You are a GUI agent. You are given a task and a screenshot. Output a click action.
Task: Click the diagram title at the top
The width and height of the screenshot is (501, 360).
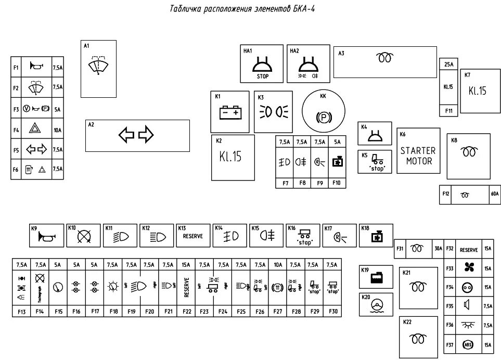(x=242, y=9)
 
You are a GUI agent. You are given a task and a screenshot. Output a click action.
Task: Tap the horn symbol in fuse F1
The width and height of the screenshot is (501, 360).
(x=36, y=67)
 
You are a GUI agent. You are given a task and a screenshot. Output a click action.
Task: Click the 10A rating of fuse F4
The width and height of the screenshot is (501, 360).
(x=57, y=130)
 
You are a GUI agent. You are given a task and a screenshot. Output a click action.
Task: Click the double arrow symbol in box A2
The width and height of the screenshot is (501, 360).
(x=136, y=135)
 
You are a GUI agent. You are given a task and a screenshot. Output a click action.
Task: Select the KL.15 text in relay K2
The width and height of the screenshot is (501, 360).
(x=230, y=157)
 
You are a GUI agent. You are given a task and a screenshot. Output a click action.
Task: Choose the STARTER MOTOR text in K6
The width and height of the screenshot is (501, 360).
(x=418, y=156)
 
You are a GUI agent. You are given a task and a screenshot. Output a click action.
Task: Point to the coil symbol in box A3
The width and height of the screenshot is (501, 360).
(x=385, y=58)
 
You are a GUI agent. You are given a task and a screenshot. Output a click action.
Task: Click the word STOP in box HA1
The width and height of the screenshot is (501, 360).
(x=263, y=76)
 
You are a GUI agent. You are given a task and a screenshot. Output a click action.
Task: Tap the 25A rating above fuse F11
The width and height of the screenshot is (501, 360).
(x=448, y=65)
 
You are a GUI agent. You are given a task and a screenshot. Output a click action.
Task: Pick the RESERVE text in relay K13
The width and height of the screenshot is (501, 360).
(x=193, y=236)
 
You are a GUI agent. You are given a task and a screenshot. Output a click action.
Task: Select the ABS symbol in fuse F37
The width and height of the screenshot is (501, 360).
(x=467, y=344)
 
